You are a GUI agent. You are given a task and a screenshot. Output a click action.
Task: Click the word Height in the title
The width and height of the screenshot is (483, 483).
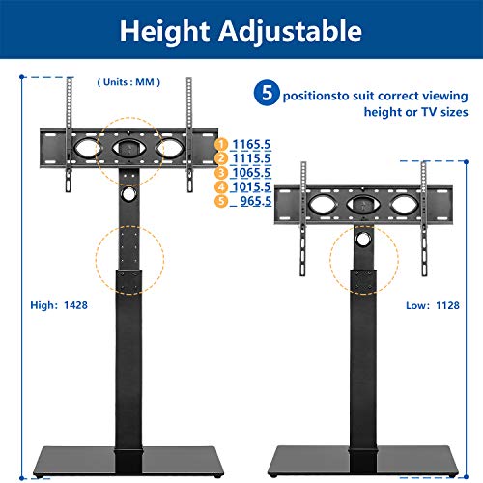click(164, 32)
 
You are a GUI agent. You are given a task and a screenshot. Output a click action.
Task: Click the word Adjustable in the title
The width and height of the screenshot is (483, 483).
click(291, 32)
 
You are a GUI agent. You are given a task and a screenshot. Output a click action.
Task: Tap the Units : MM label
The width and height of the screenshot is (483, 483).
click(128, 82)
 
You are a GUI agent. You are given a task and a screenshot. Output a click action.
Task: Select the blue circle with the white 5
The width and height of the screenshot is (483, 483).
click(267, 93)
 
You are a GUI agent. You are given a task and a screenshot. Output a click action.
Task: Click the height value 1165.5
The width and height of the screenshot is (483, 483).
click(251, 144)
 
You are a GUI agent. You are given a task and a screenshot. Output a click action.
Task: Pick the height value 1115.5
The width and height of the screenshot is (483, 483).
click(251, 158)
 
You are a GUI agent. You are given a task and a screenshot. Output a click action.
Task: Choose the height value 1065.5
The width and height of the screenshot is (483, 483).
click(251, 173)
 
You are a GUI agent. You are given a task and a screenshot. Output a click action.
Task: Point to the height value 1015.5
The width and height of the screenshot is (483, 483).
click(251, 186)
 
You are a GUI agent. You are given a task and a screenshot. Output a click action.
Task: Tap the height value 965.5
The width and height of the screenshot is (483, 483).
click(256, 201)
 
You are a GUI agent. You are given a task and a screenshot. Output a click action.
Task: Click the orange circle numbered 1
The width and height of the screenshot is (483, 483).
click(221, 144)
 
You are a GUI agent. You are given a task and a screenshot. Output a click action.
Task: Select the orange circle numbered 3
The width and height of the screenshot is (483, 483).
click(221, 173)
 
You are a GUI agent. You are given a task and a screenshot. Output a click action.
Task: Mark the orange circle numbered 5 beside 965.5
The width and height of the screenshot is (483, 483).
click(221, 201)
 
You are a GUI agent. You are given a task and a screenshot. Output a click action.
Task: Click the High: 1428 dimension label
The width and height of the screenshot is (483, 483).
click(59, 305)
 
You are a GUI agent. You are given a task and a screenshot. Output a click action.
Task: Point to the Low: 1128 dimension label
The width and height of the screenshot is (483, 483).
click(433, 305)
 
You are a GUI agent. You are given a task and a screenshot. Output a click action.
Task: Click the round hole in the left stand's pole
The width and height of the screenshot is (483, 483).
click(128, 194)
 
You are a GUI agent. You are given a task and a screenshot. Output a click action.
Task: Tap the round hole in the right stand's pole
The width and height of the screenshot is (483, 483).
click(363, 239)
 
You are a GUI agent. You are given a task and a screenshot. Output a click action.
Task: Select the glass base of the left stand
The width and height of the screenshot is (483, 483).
click(128, 461)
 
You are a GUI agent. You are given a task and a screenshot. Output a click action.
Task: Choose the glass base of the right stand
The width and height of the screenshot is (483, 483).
click(363, 461)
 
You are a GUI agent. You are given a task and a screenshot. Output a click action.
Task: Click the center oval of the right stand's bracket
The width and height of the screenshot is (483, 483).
click(363, 205)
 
